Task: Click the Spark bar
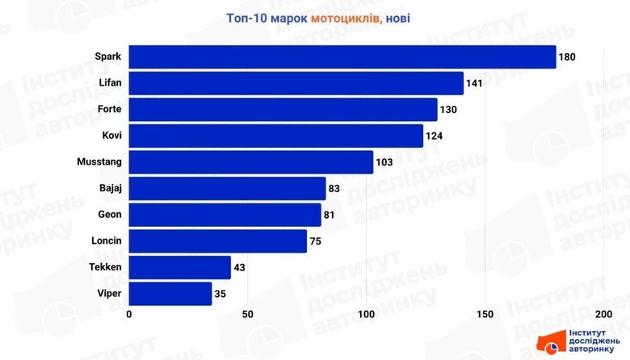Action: point(342,57)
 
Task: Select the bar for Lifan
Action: point(296,83)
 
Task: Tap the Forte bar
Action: point(283,110)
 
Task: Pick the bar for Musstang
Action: point(251,162)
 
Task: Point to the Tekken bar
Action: point(180,267)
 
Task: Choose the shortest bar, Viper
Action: point(170,293)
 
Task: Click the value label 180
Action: point(568,57)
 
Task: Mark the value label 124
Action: point(435,136)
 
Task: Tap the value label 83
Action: point(336,189)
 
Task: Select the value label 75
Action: point(317,241)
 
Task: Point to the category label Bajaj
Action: point(109,189)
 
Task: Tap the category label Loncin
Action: point(107,241)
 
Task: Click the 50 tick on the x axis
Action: point(248,314)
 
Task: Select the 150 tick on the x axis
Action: point(485,314)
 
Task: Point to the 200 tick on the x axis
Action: point(603,314)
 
